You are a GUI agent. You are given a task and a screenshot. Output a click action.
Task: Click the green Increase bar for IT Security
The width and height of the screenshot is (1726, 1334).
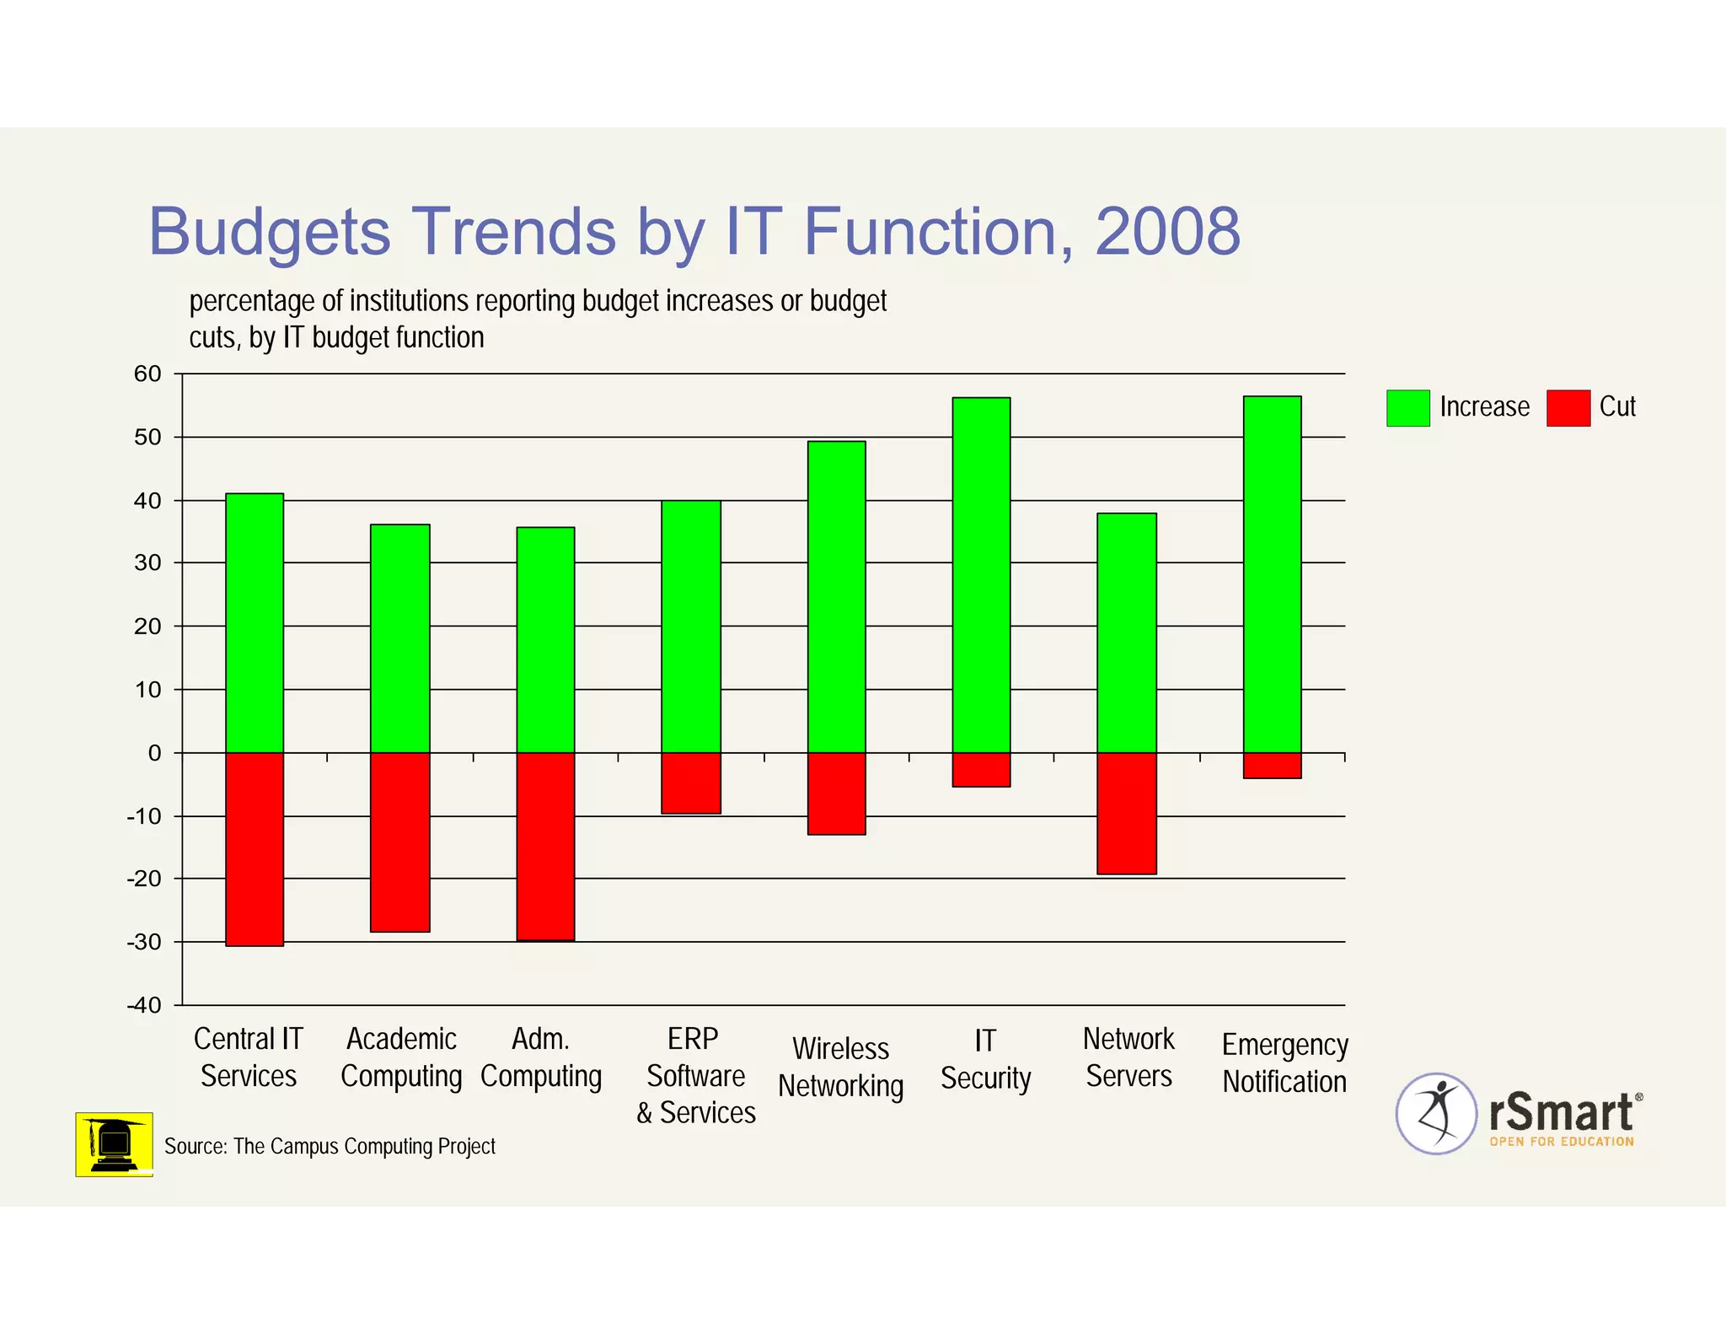click(x=981, y=574)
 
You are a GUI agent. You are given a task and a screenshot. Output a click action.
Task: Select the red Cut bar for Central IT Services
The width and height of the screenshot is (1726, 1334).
click(x=255, y=848)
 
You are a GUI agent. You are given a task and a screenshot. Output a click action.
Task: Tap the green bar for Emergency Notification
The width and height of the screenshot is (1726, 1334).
click(x=1272, y=573)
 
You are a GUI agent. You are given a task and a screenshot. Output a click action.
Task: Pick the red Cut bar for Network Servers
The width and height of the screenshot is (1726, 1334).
click(x=1127, y=813)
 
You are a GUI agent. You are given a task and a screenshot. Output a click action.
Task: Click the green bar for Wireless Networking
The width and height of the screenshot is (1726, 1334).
click(x=836, y=596)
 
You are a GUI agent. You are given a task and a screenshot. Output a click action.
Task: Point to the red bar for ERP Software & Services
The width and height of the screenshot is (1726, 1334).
click(x=691, y=783)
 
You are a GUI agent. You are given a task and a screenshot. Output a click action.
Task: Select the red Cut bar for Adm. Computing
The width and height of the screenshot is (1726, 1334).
click(x=545, y=846)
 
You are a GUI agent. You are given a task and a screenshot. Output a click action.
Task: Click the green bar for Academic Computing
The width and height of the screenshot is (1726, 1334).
click(x=400, y=638)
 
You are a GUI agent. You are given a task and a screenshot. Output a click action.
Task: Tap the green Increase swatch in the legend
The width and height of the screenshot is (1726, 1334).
click(x=1407, y=408)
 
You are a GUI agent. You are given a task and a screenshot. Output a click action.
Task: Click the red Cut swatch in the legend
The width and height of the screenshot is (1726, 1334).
click(x=1568, y=408)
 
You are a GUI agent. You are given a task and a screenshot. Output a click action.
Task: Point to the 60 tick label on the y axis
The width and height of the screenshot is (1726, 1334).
click(x=147, y=374)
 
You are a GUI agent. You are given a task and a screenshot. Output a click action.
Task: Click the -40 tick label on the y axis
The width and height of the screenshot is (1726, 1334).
click(x=144, y=1005)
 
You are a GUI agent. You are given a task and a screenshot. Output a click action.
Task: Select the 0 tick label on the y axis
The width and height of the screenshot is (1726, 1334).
click(x=154, y=753)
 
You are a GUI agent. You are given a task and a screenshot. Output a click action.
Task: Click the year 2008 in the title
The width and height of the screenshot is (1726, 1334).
click(x=1167, y=232)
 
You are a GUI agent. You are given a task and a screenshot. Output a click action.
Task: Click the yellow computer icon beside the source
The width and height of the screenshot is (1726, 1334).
click(x=114, y=1144)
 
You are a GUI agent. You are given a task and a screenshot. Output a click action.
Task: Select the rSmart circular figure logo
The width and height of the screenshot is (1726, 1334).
click(x=1436, y=1113)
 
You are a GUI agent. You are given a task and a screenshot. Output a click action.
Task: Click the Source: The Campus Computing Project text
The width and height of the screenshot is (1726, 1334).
click(x=330, y=1147)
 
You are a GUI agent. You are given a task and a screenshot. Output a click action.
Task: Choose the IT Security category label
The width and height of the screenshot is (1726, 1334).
click(x=985, y=1059)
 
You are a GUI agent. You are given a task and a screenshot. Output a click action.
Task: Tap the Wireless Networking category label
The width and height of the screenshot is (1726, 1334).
click(x=840, y=1068)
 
